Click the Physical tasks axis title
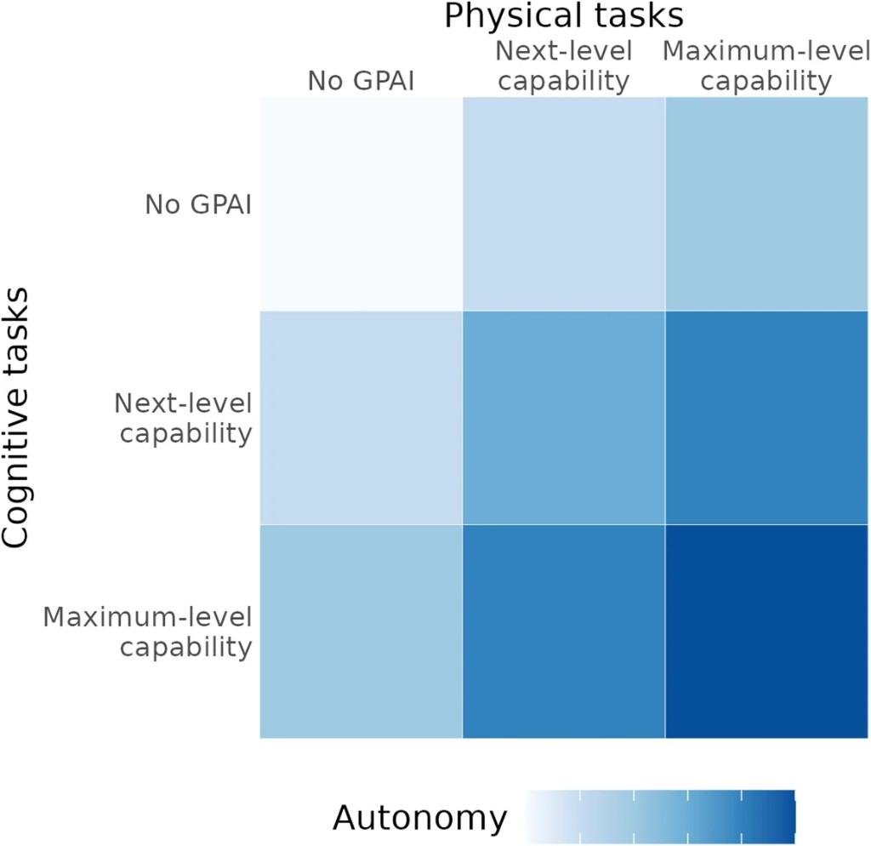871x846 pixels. tap(565, 17)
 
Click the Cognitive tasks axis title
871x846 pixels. tap(18, 417)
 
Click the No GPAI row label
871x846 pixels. tap(199, 205)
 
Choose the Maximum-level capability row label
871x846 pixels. tap(148, 631)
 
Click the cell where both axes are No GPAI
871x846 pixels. tap(361, 204)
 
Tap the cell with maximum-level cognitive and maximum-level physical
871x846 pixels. tap(767, 632)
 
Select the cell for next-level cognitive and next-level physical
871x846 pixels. tap(564, 418)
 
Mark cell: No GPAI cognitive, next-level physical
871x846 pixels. tap(564, 204)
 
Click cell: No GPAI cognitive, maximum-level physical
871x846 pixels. tap(767, 204)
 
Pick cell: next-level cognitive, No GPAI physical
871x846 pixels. tap(361, 418)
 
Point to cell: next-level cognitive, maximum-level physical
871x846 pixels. tap(767, 418)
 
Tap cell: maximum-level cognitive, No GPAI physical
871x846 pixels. tap(361, 632)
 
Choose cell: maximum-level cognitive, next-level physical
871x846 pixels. tap(564, 632)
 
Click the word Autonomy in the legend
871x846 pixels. tap(419, 819)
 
